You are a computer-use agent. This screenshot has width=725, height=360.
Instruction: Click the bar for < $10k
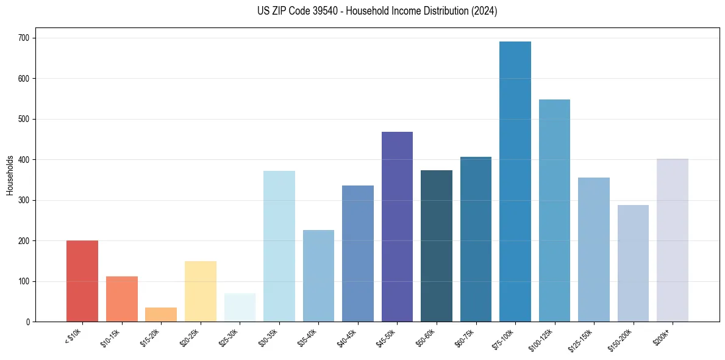pos(82,281)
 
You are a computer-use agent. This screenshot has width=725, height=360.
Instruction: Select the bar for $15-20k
pos(161,315)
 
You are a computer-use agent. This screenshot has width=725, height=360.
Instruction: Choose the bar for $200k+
pos(673,240)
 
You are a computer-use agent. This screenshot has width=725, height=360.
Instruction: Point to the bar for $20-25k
pos(201,292)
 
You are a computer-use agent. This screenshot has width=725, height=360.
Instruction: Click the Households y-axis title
pos(10,175)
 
